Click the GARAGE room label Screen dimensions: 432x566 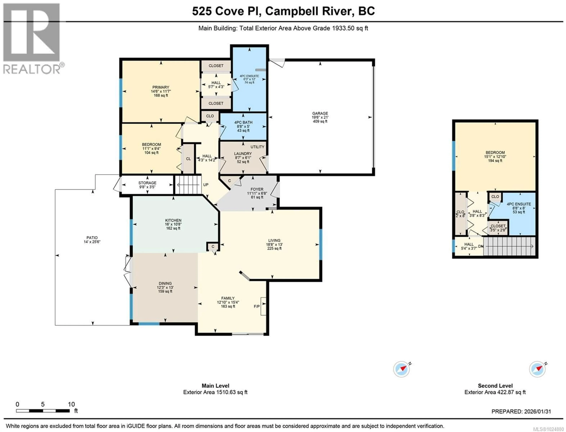(320, 113)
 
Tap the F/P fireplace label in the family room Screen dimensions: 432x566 (256, 306)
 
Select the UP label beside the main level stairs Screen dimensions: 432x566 (205, 185)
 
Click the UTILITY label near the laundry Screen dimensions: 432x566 (257, 147)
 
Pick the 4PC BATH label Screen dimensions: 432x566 (243, 122)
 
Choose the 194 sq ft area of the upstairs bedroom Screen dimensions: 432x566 (495, 161)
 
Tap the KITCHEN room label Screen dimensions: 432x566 (173, 220)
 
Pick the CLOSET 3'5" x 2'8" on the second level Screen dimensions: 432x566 (498, 228)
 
